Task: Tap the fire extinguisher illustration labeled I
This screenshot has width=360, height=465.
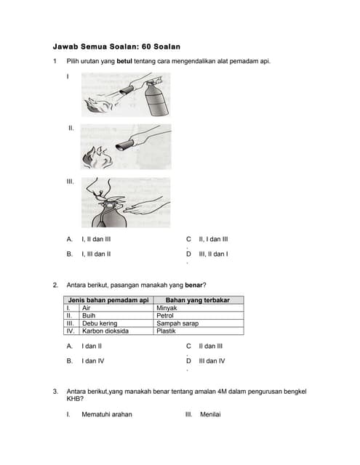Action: point(126,94)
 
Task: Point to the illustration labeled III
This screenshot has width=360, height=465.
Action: point(126,202)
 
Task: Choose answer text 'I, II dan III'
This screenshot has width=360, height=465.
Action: point(96,238)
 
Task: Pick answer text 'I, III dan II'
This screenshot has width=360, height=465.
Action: point(96,254)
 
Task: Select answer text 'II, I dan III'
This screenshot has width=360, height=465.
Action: point(213,238)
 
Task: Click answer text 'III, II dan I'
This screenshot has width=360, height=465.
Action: point(213,254)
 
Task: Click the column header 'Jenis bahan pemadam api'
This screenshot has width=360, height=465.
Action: point(108,300)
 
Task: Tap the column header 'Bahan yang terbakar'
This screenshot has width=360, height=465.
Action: point(199,300)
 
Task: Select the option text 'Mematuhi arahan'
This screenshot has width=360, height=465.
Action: point(107,414)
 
